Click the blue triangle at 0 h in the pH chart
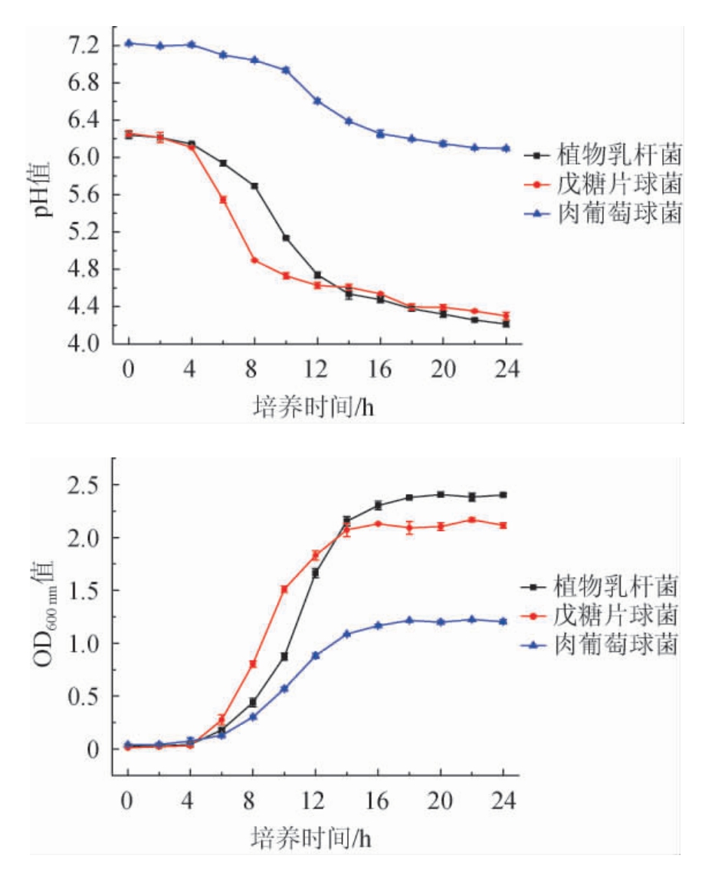[128, 43]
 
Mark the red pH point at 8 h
[254, 261]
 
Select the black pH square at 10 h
[286, 238]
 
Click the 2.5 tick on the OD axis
[84, 485]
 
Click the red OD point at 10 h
[284, 589]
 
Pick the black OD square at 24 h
[503, 495]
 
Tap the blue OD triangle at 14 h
[347, 634]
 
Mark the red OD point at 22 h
[472, 520]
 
